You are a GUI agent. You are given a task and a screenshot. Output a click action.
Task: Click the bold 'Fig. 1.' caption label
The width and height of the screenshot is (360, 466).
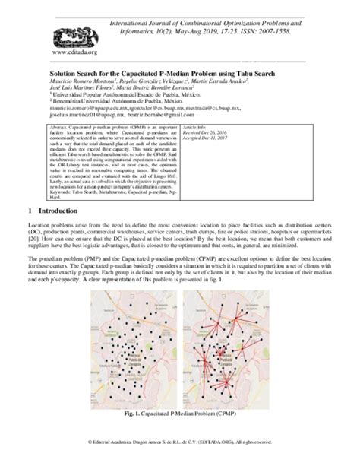129,414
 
